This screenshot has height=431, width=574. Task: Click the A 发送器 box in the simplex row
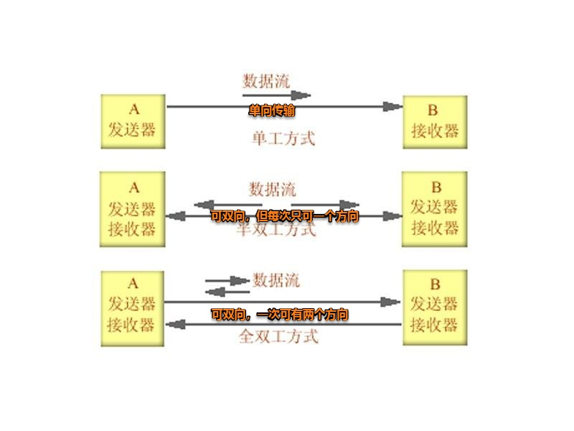point(133,121)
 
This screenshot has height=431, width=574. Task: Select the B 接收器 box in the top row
point(435,121)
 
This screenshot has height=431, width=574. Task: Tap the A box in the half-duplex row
point(133,208)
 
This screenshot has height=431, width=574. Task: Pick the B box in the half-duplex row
point(435,208)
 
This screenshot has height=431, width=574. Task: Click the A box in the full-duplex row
point(133,307)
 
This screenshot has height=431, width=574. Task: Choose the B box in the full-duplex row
point(435,307)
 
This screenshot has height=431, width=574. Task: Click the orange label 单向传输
point(272,111)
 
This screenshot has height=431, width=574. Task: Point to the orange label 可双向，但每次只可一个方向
point(284,215)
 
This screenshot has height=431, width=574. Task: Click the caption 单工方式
point(283,137)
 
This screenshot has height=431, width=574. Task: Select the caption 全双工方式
point(278,336)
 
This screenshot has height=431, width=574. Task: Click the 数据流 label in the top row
point(267,80)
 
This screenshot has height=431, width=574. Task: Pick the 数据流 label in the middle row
point(272,190)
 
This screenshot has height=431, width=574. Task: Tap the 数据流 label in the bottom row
point(276,280)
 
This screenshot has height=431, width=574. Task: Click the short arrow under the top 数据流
point(277,95)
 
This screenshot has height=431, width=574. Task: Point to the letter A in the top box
point(133,110)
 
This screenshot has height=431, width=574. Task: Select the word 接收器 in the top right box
point(435,131)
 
